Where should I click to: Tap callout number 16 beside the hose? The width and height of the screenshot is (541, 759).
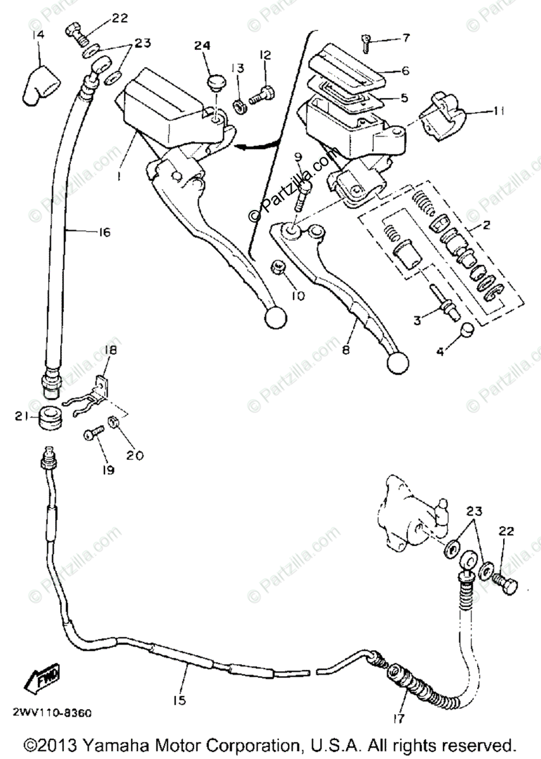tap(103, 232)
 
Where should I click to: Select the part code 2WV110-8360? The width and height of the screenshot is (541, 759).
tap(54, 713)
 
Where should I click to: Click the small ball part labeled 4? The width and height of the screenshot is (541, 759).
tap(466, 330)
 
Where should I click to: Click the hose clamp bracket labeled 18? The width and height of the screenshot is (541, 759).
tap(101, 387)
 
